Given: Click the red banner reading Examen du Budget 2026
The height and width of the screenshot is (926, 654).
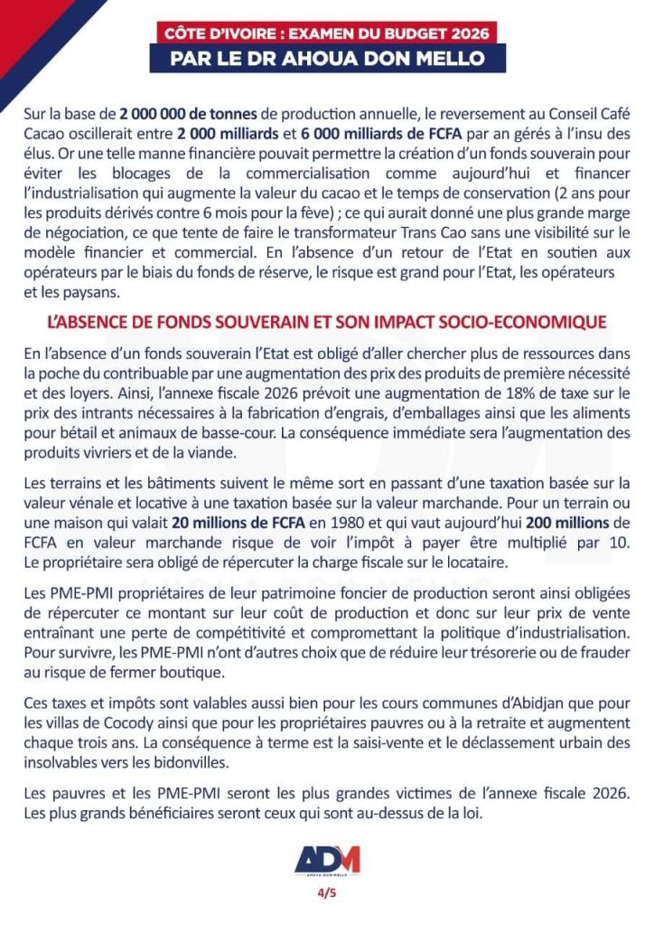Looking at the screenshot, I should click(x=327, y=33).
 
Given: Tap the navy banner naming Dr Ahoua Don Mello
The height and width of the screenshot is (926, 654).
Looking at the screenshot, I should click(x=327, y=59).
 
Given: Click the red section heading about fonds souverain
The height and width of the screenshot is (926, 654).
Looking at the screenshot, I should click(x=327, y=322).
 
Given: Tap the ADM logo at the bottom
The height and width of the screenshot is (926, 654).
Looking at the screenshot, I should click(x=327, y=860).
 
